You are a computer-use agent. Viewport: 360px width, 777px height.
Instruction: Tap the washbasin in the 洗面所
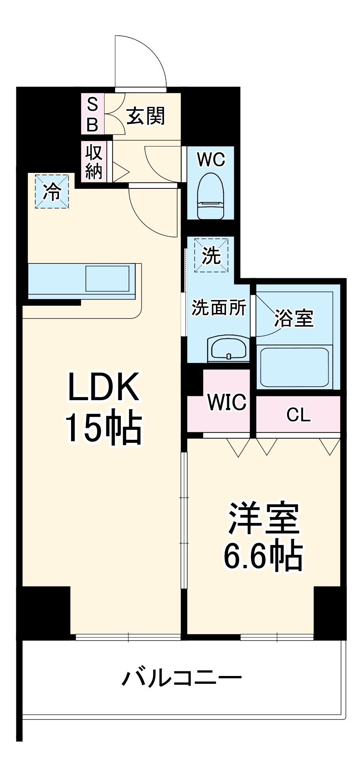[x=229, y=348]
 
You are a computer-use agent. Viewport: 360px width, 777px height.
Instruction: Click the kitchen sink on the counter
[x=107, y=278]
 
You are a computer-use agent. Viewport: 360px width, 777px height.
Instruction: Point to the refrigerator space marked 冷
[x=52, y=191]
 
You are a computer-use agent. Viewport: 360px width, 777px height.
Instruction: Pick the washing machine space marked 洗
[x=211, y=255]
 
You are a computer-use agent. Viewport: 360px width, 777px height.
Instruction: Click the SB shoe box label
[x=92, y=114]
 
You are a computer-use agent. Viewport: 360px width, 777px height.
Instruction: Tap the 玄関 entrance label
[x=146, y=116]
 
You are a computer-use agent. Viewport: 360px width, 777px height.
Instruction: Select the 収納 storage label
[x=94, y=162]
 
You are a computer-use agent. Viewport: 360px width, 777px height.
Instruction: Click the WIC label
[x=227, y=402]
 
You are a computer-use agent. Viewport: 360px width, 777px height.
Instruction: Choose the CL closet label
[x=298, y=415]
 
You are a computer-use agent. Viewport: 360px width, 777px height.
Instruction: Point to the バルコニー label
[x=181, y=678]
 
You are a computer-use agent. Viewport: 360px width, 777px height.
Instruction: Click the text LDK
[x=104, y=387]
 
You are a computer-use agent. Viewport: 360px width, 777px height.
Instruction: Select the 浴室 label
[x=294, y=318]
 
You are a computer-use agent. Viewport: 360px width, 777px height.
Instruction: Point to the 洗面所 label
[x=219, y=308]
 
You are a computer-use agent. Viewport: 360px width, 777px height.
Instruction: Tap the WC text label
[x=211, y=159]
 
